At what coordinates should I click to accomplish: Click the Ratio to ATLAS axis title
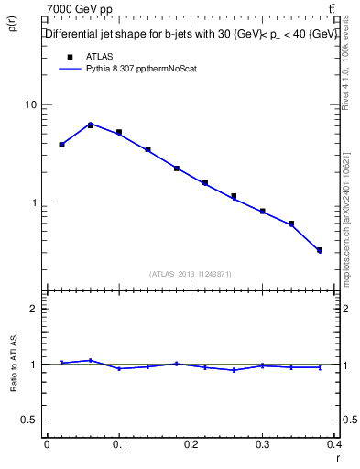pyautogui.click(x=13, y=365)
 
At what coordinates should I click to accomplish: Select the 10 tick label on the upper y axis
pyautogui.click(x=31, y=104)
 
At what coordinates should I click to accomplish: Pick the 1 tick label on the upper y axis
pyautogui.click(x=34, y=202)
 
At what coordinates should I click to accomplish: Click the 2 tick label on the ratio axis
pyautogui.click(x=34, y=310)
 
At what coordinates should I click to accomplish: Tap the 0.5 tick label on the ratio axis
pyautogui.click(x=29, y=420)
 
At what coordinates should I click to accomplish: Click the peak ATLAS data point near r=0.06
pyautogui.click(x=91, y=125)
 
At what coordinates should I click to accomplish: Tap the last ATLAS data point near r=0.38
pyautogui.click(x=320, y=250)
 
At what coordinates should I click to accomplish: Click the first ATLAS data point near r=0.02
pyautogui.click(x=61, y=145)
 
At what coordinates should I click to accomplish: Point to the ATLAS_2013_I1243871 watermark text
pyautogui.click(x=191, y=274)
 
